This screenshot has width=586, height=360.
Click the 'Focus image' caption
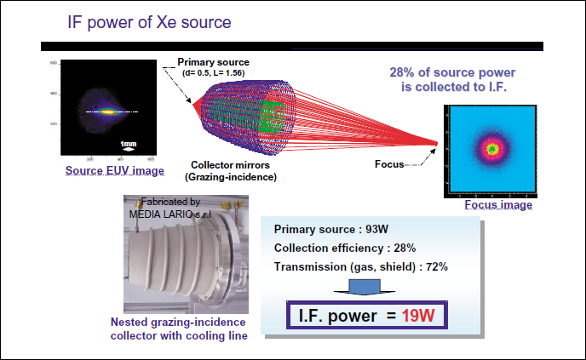tap(498, 205)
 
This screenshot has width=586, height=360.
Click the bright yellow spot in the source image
tap(107, 111)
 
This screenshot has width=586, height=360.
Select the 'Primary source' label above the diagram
tap(213, 62)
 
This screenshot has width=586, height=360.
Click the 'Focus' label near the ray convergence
tap(390, 163)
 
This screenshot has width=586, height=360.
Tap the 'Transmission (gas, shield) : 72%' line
tap(361, 266)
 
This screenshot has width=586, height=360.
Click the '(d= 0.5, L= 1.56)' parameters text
tap(214, 73)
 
